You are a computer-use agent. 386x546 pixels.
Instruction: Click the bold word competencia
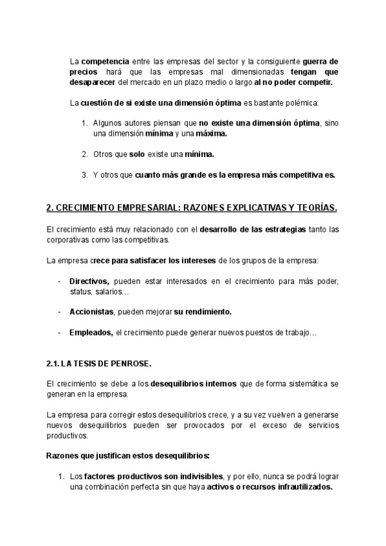click(102, 61)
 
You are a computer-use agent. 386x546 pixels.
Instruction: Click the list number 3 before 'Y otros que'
click(84, 174)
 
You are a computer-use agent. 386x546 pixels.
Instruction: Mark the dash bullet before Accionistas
click(60, 312)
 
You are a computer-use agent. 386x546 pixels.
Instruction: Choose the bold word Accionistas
click(91, 312)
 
